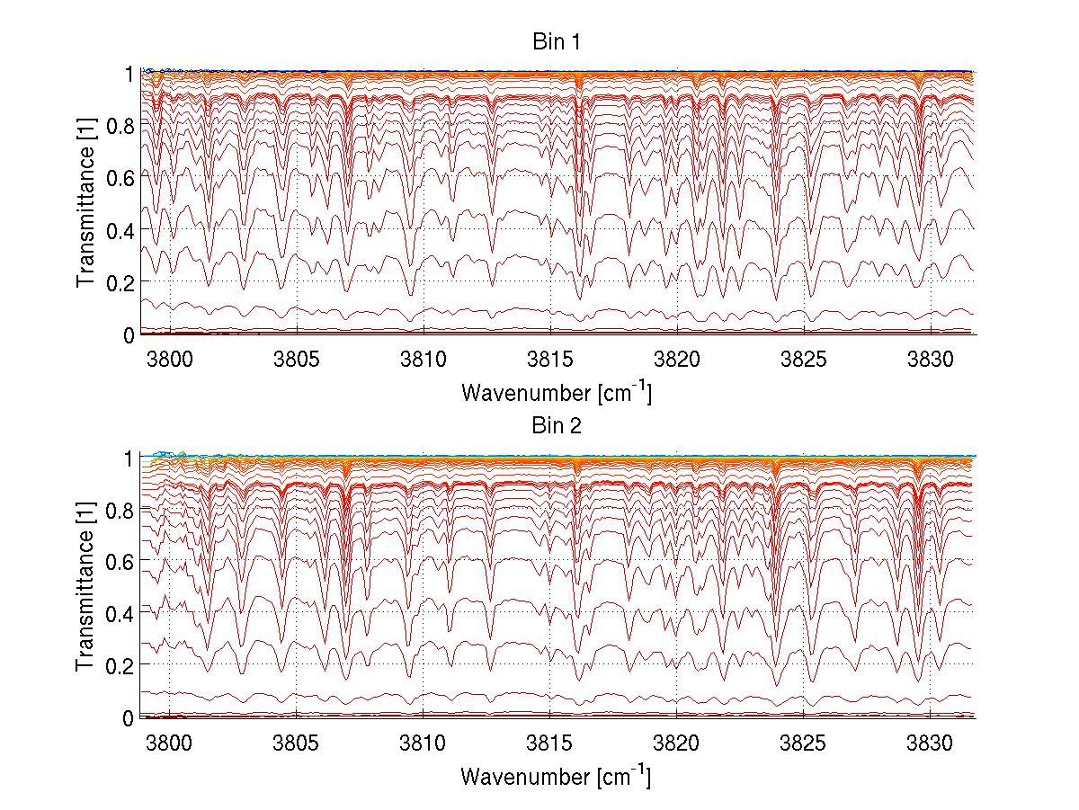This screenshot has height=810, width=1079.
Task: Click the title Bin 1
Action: tap(556, 42)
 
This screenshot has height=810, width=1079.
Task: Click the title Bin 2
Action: tap(556, 426)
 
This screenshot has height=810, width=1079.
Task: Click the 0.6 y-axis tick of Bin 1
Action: tap(120, 177)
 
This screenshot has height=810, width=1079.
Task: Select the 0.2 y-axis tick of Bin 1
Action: tap(120, 281)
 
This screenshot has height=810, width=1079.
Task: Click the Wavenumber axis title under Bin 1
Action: tap(556, 392)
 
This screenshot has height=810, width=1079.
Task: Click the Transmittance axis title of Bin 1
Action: tap(85, 202)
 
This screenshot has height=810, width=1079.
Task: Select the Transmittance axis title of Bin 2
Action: tap(85, 586)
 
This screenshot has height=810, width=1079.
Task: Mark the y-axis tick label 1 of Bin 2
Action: tap(129, 458)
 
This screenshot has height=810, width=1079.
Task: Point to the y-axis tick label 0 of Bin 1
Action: tap(129, 334)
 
